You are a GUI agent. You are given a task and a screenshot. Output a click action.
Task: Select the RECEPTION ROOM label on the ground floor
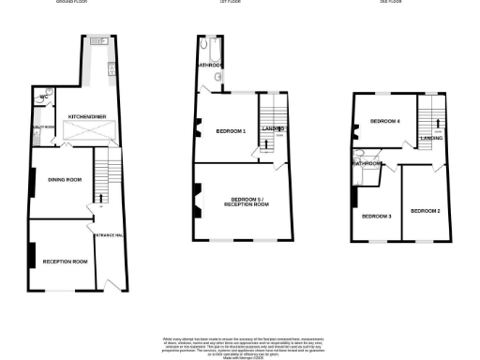point(66,262)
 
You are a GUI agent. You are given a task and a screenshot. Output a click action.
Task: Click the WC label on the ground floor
point(44,97)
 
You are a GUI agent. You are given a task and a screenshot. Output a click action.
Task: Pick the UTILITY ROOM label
point(43,126)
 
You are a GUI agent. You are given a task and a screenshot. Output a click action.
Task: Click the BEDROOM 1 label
point(230,131)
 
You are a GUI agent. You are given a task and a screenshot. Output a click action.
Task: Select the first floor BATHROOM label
point(209,66)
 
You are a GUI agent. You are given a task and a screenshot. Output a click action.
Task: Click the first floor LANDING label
point(273,127)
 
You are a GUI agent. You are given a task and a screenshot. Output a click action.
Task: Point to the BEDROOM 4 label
point(384,121)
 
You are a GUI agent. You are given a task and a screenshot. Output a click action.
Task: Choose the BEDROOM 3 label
point(377,217)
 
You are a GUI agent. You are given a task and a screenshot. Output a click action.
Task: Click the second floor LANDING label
point(431,138)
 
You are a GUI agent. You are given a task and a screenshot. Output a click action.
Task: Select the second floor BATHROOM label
point(367,164)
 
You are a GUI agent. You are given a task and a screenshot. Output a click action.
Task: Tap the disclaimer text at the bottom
point(240,343)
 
